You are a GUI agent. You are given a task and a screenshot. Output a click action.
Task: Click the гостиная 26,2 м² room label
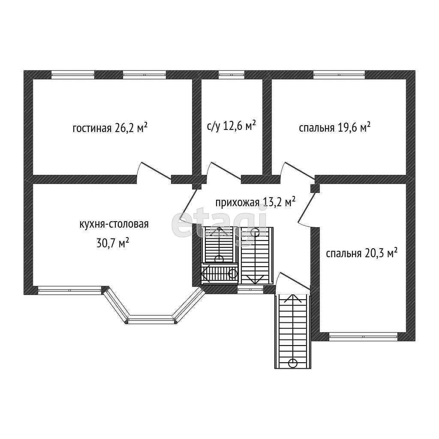110,128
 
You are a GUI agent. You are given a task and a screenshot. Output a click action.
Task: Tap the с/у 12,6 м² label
232,126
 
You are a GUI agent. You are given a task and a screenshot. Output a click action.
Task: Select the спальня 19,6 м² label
334,127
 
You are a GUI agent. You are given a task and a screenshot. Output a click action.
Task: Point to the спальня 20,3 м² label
361,253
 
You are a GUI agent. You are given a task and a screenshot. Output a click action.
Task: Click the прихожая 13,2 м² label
256,202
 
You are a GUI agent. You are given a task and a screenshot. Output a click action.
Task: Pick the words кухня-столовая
114,224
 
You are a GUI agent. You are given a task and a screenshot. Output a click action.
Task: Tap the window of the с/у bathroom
232,75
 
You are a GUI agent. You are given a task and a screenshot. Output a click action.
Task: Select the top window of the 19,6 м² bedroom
339,75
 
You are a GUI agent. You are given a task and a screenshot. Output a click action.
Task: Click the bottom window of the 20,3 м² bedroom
363,337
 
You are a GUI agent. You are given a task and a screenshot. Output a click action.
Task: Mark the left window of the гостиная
72,75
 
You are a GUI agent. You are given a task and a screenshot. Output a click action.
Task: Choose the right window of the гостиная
144,75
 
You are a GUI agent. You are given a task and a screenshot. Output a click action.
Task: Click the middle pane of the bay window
152,319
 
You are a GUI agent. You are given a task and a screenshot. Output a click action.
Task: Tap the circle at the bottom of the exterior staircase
293,363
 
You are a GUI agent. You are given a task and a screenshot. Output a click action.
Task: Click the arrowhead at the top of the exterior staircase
293,297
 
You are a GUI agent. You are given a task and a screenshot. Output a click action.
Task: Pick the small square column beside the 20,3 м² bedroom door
315,188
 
